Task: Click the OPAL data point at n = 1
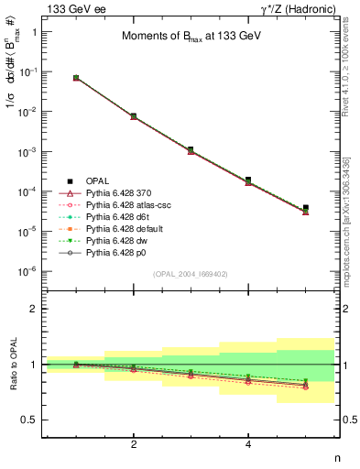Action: pyautogui.click(x=76, y=78)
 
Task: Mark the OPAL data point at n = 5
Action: pyautogui.click(x=306, y=208)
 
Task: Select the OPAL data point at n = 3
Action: pyautogui.click(x=191, y=149)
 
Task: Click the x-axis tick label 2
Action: pyautogui.click(x=134, y=444)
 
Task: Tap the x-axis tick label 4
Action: pyautogui.click(x=248, y=444)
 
